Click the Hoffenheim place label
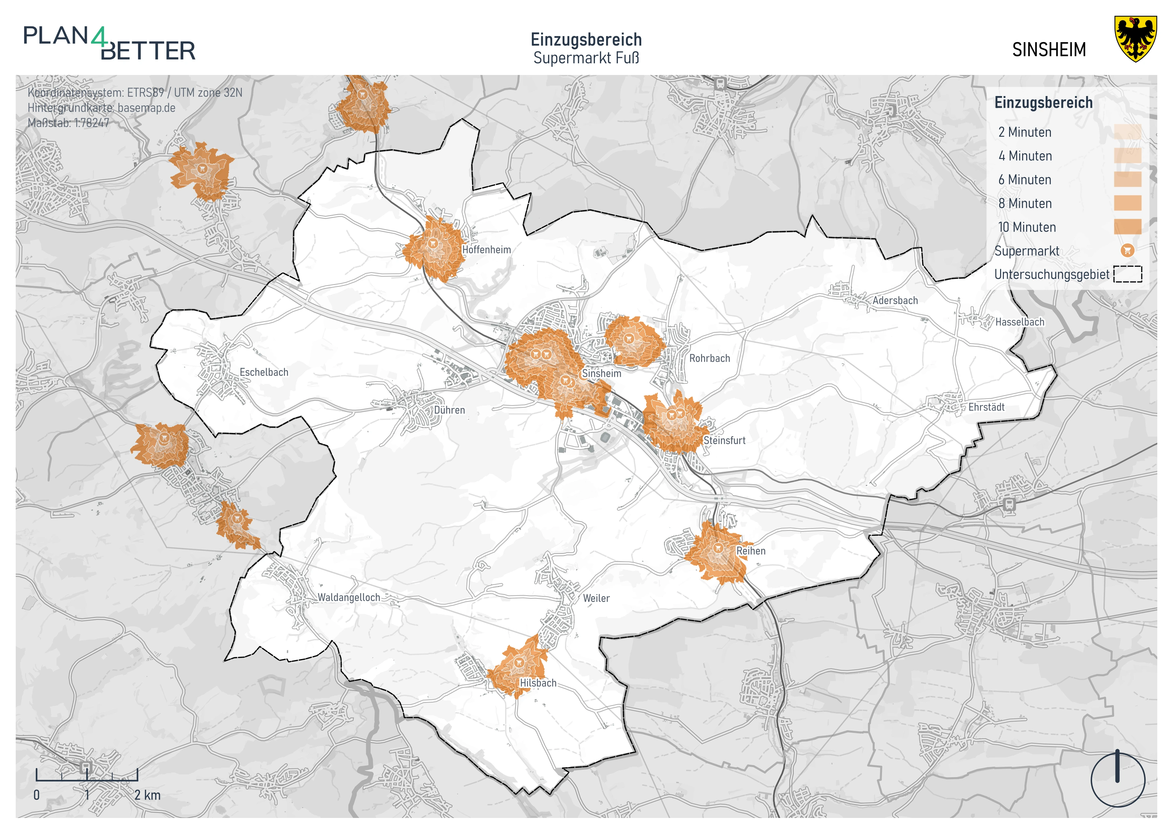click(x=486, y=250)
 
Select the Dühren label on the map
click(x=450, y=410)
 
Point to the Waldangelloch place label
click(x=349, y=597)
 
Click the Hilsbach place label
click(x=538, y=683)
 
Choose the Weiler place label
click(x=596, y=598)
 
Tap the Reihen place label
click(x=751, y=551)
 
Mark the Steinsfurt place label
click(x=724, y=440)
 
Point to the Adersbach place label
click(x=895, y=301)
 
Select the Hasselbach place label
click(x=1020, y=322)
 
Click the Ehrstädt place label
click(x=986, y=407)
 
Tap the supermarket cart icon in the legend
click(x=1128, y=250)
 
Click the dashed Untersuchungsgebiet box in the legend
click(x=1128, y=274)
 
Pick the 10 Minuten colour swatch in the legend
click(x=1128, y=227)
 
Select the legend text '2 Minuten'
click(x=1024, y=133)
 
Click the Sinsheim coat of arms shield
click(x=1135, y=39)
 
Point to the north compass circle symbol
click(x=1117, y=780)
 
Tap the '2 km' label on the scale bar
click(x=148, y=795)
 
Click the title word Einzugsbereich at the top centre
click(x=586, y=40)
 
